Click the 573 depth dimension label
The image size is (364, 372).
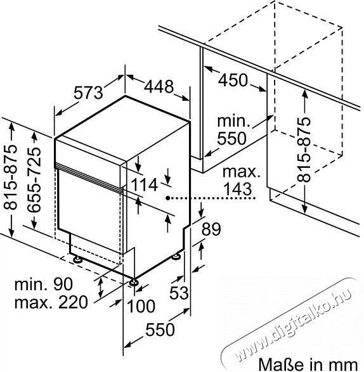pyautogui.click(x=88, y=93)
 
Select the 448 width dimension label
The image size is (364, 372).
pyautogui.click(x=159, y=86)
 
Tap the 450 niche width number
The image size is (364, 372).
pyautogui.click(x=233, y=80)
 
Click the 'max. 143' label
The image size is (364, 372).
pyautogui.click(x=240, y=180)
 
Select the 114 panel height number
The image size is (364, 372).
pyautogui.click(x=145, y=184)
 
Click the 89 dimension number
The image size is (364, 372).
pyautogui.click(x=211, y=229)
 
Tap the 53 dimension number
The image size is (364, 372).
pyautogui.click(x=179, y=293)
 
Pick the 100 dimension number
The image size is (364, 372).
pyautogui.click(x=141, y=306)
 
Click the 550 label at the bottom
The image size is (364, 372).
pyautogui.click(x=160, y=330)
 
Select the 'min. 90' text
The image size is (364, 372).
pyautogui.click(x=44, y=284)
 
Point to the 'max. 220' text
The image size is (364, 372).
pyautogui.click(x=51, y=302)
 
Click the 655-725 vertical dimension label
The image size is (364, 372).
pyautogui.click(x=34, y=179)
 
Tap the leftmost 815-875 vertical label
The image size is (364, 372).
pyautogui.click(x=10, y=177)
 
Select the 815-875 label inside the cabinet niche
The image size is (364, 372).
pyautogui.click(x=304, y=150)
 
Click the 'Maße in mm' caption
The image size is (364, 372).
pyautogui.click(x=308, y=364)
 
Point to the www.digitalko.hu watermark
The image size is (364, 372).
pyautogui.click(x=289, y=323)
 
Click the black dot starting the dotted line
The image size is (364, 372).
pyautogui.click(x=168, y=198)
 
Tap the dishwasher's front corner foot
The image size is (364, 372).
pyautogui.click(x=133, y=281)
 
